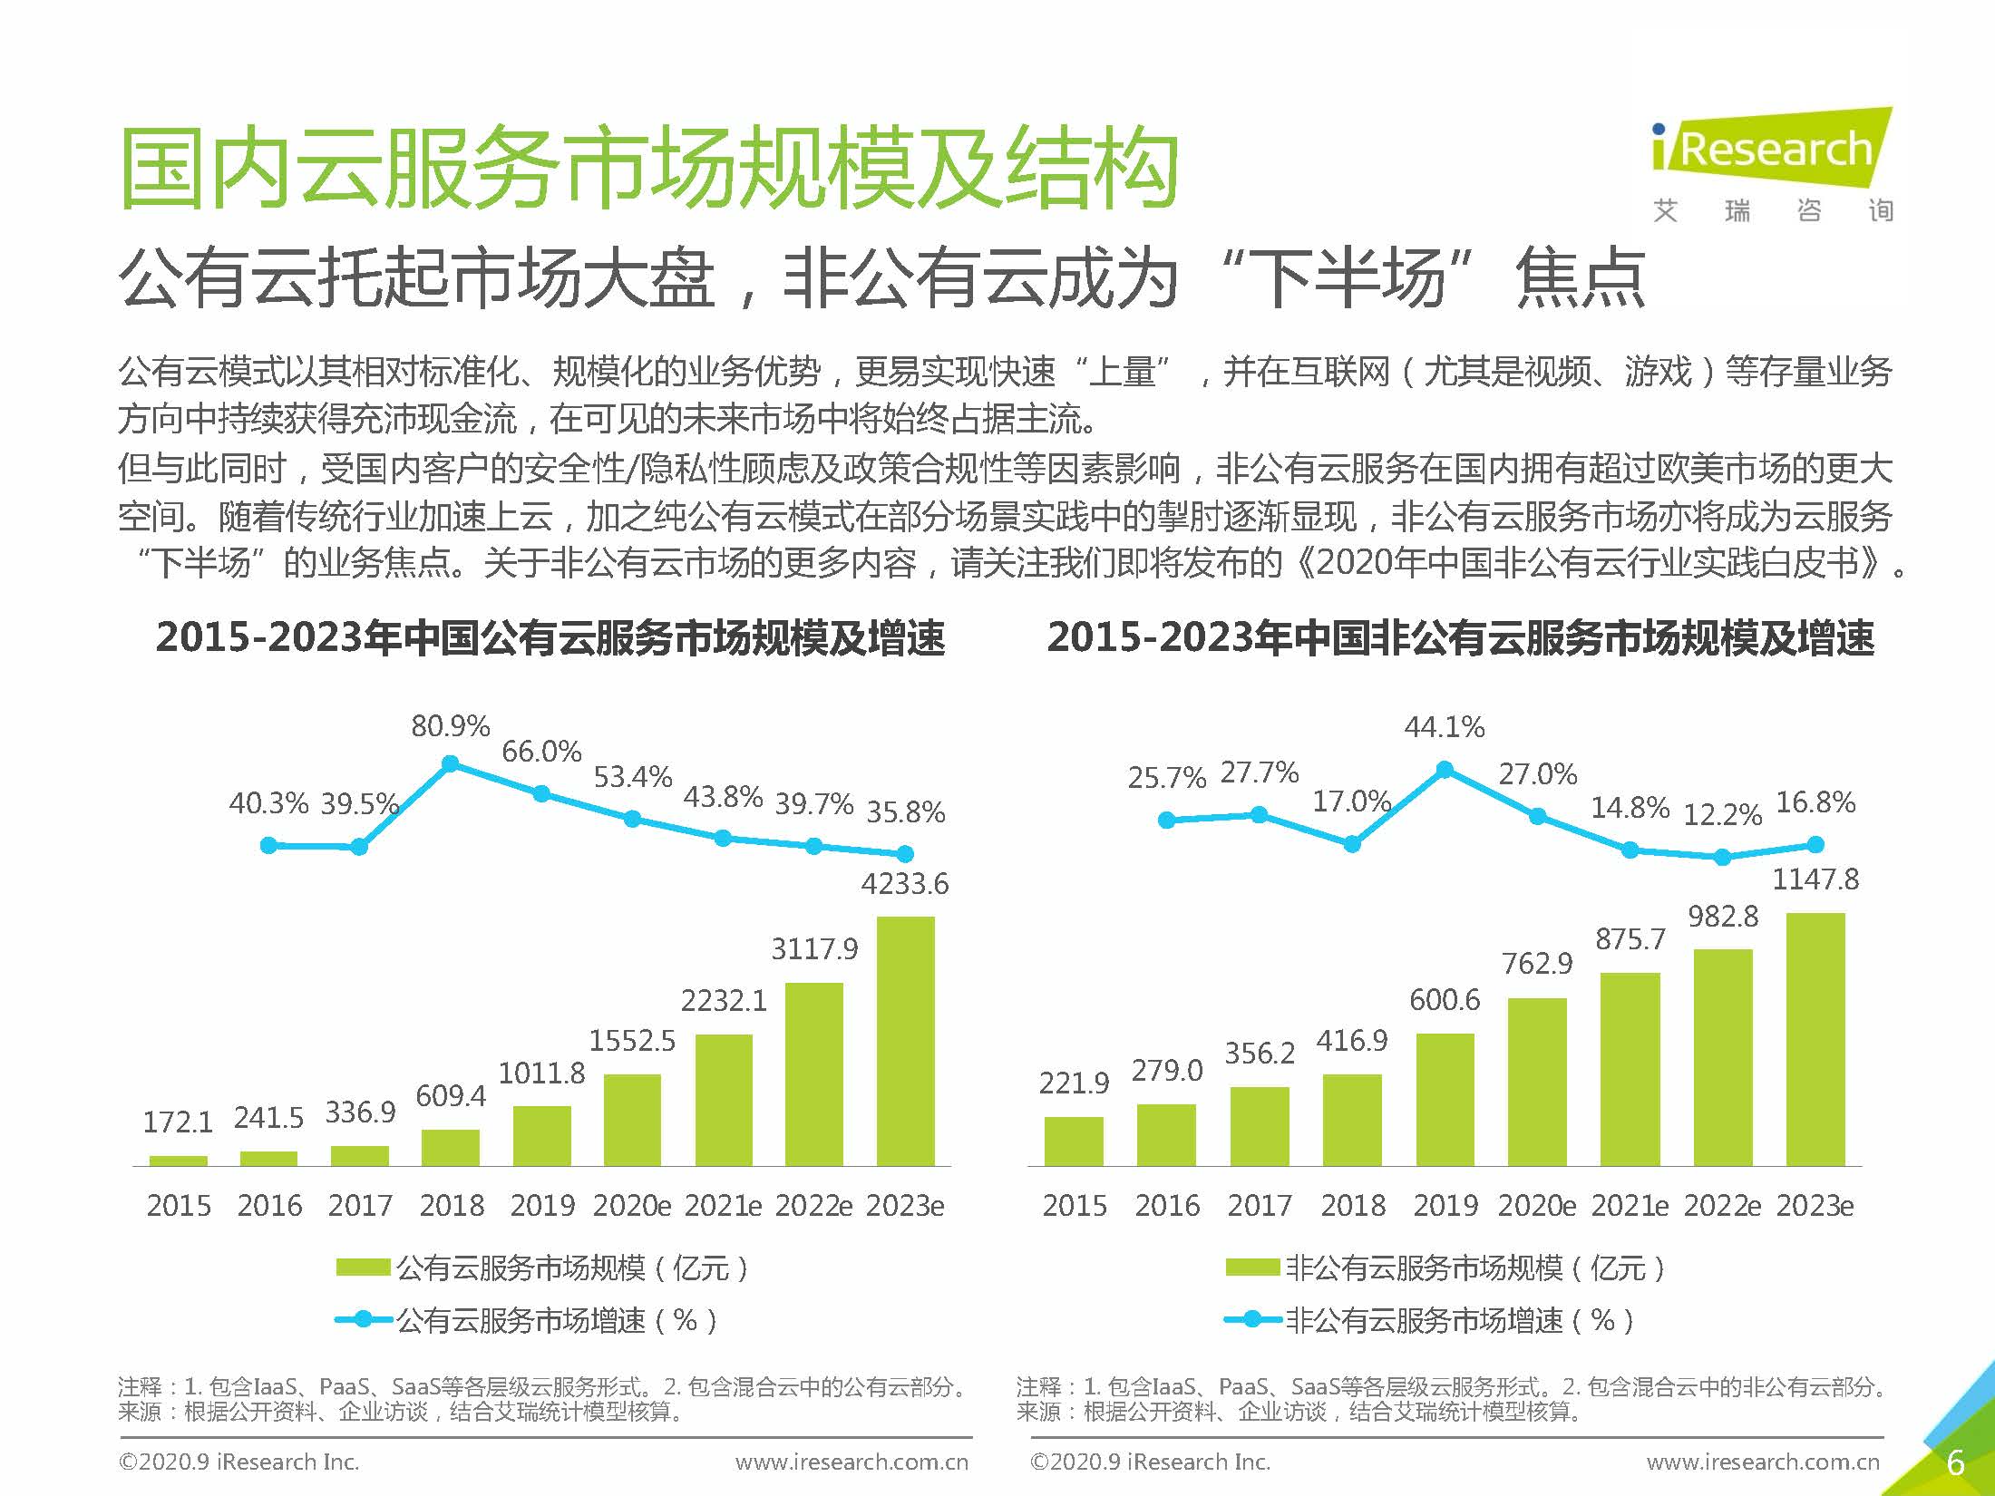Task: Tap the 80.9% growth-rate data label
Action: pos(450,726)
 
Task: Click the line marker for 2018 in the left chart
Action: pos(450,764)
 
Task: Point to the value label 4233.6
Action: pos(904,884)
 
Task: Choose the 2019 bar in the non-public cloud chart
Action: pos(1445,1099)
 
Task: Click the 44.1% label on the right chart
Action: pos(1445,727)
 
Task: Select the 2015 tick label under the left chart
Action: pos(179,1206)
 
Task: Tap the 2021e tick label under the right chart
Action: pos(1630,1206)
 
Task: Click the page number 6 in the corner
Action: pos(1955,1462)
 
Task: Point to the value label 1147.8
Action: pos(1815,879)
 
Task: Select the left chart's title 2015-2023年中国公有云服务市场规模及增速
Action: pos(550,637)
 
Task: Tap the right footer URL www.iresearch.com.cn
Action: pos(1763,1462)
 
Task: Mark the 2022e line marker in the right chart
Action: pos(1722,857)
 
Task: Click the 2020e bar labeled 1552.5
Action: pos(632,1120)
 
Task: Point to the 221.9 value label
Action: pos(1074,1083)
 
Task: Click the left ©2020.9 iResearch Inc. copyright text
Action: pos(239,1462)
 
